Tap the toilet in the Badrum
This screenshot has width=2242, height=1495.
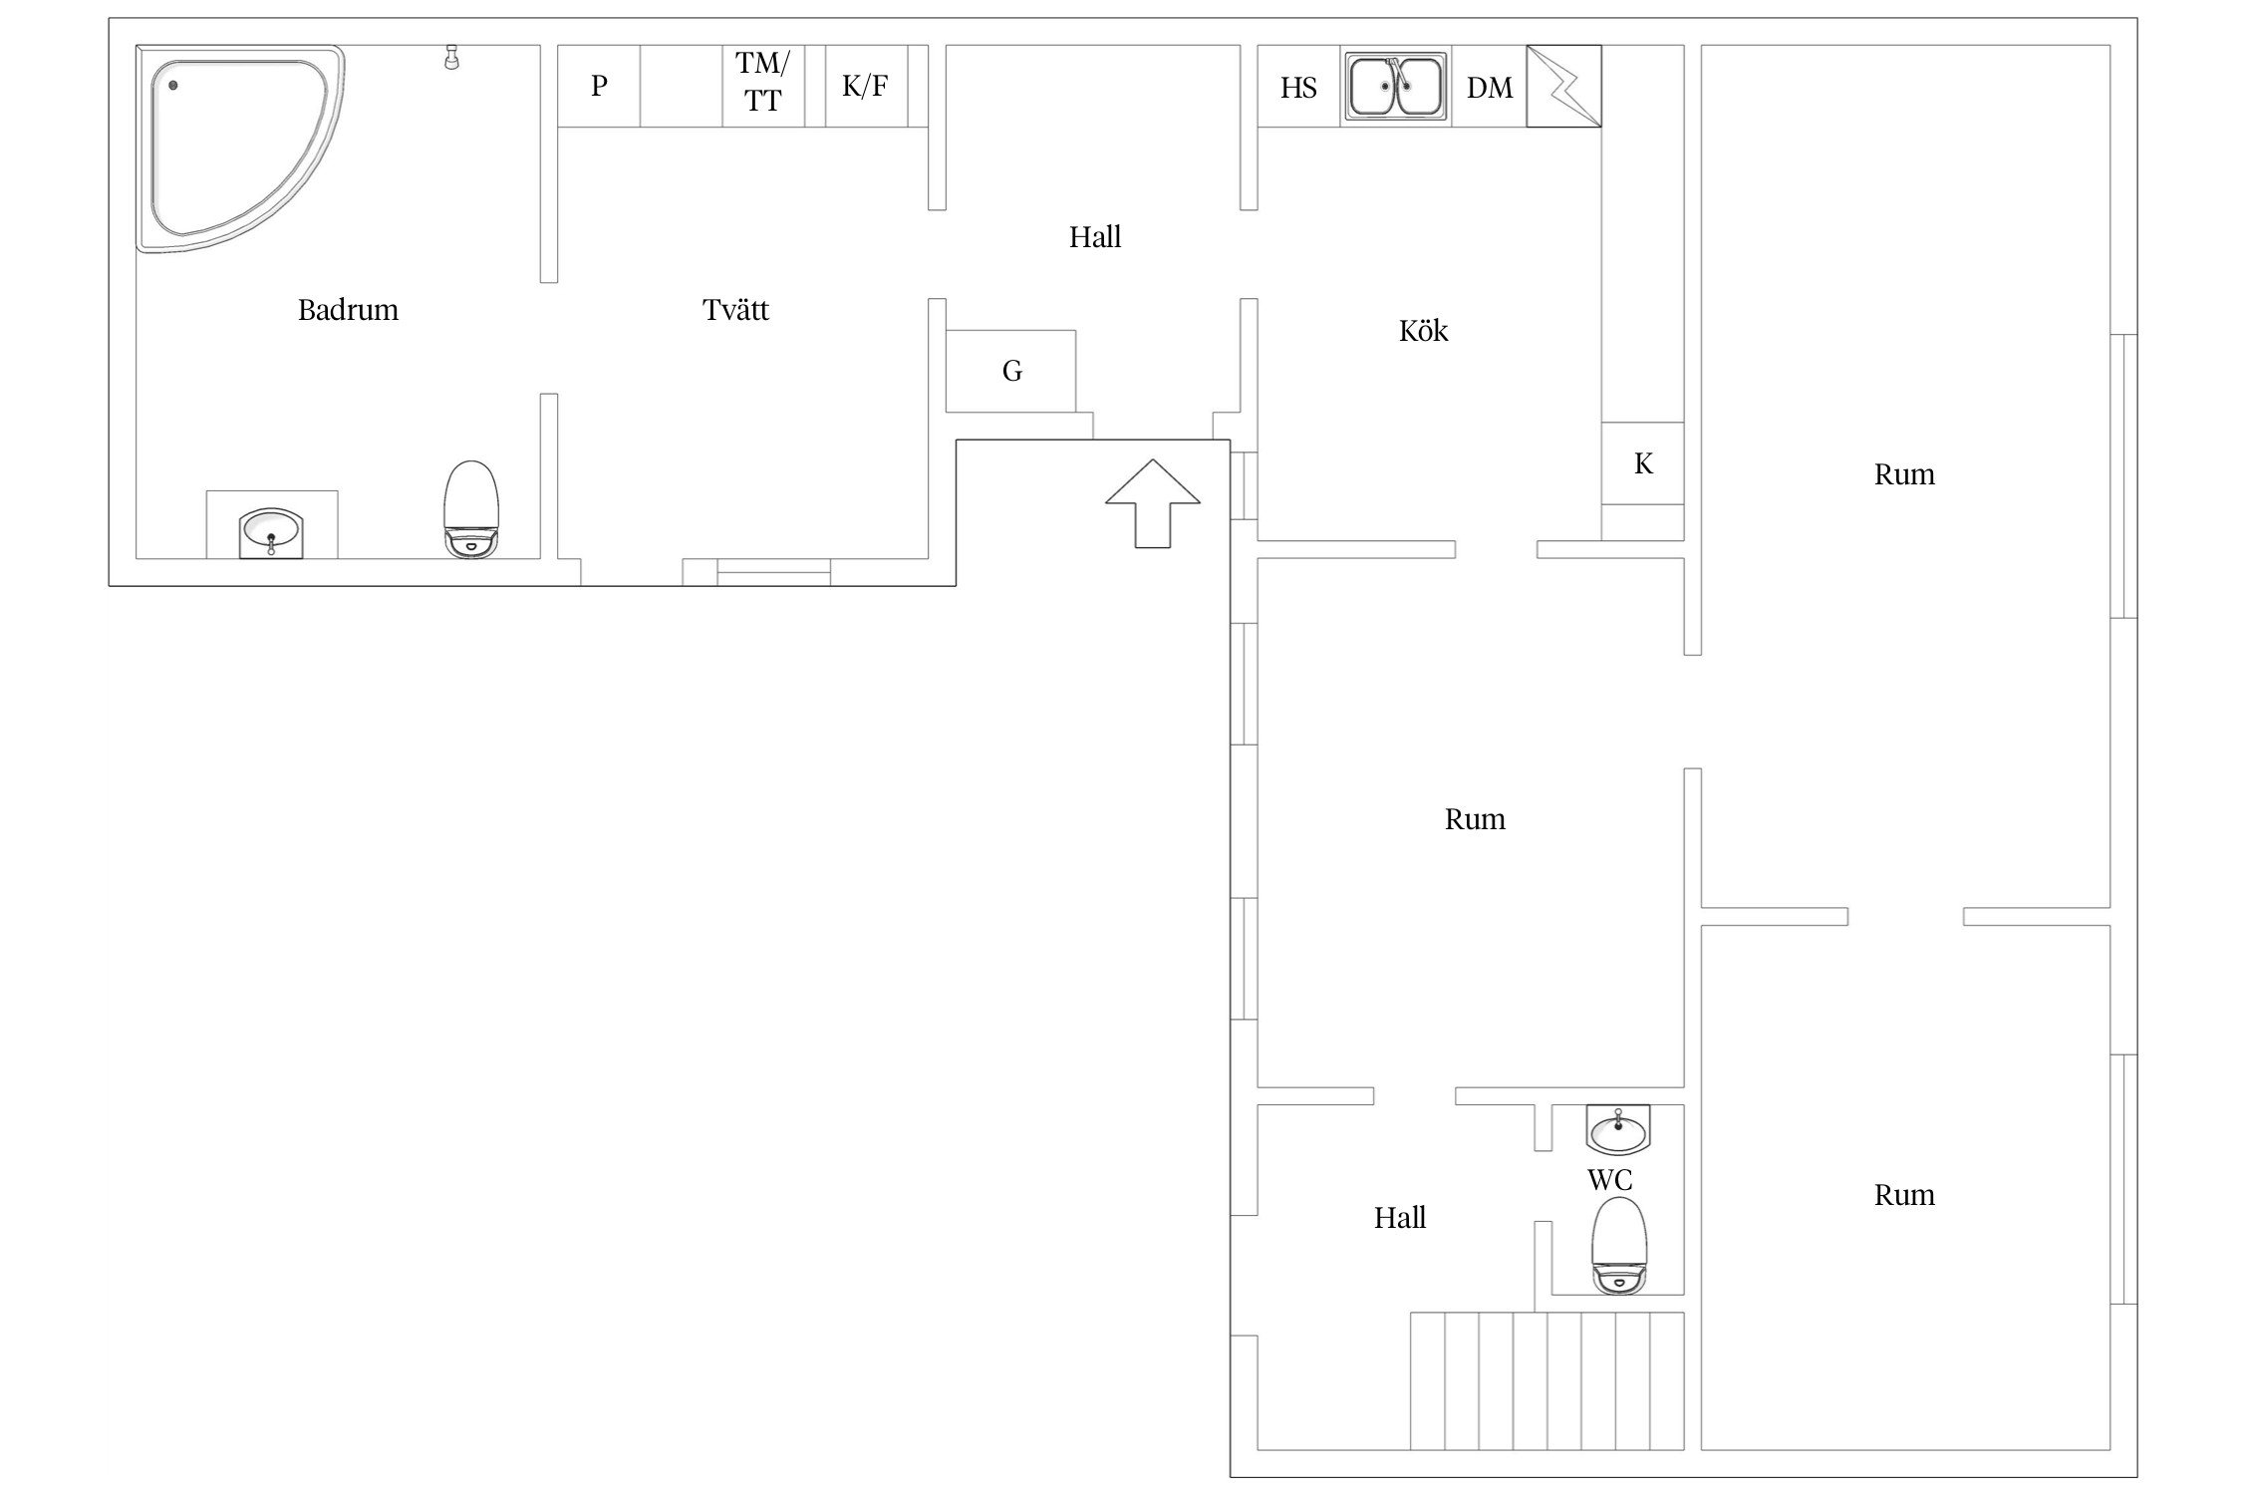470,508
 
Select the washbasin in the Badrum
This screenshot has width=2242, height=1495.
271,533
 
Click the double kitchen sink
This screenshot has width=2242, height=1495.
1395,87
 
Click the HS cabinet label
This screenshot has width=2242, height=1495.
1298,88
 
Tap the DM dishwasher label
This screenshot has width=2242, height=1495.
1490,88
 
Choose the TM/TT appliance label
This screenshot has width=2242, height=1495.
762,82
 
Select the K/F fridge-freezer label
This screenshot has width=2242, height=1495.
865,86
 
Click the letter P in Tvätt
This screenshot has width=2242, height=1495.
599,86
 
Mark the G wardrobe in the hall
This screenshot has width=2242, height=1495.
1010,371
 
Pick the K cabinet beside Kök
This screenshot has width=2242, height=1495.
1643,463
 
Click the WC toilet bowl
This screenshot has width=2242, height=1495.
1619,1245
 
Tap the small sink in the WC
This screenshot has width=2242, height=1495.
1618,1129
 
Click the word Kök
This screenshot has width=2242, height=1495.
1423,330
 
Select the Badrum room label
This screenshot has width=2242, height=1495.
348,310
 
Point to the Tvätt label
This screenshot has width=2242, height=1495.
735,310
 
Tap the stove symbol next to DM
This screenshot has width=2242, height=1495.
1563,86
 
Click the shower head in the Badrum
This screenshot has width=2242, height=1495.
452,57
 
